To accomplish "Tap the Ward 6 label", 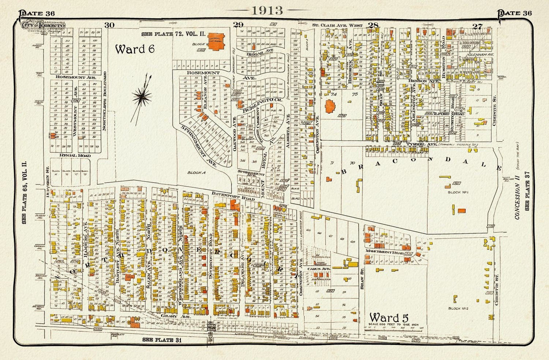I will tap(135, 49).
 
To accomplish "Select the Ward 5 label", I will tap(389, 317).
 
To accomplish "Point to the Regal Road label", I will tap(73, 155).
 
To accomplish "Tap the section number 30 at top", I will tap(109, 25).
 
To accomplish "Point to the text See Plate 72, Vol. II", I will tap(173, 34).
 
